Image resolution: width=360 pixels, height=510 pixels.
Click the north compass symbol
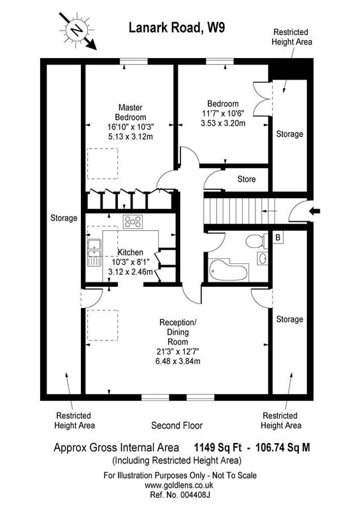pyautogui.click(x=77, y=31)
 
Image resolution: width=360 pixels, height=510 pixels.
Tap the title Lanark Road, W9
pyautogui.click(x=177, y=27)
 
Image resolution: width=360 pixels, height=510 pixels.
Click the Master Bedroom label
pyautogui.click(x=131, y=112)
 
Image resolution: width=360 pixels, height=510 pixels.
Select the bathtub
pyautogui.click(x=227, y=270)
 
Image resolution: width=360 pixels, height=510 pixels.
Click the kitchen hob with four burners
pyautogui.click(x=133, y=222)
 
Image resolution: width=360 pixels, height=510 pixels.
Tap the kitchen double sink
pyautogui.click(x=94, y=252)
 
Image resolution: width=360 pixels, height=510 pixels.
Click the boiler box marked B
pyautogui.click(x=278, y=237)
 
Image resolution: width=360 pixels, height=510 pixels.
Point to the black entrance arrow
pyautogui.click(x=315, y=212)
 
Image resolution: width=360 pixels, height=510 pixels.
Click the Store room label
pyautogui.click(x=247, y=179)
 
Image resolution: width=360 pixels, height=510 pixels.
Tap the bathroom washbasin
pyautogui.click(x=263, y=259)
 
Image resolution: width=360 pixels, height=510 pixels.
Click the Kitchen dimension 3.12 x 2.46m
pyautogui.click(x=131, y=272)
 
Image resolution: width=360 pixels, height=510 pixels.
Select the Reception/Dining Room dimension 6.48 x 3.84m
pyautogui.click(x=178, y=361)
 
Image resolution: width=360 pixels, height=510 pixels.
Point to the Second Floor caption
pyautogui.click(x=177, y=425)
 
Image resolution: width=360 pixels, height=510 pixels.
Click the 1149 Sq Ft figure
pyautogui.click(x=218, y=448)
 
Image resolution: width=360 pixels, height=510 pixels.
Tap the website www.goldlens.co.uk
pyautogui.click(x=179, y=485)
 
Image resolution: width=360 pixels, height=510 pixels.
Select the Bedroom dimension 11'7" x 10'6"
pyautogui.click(x=223, y=113)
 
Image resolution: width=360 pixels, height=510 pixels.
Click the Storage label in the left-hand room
pyautogui.click(x=64, y=218)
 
